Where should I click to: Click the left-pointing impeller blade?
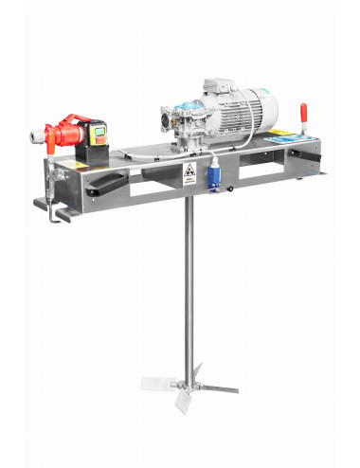point(157,384)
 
